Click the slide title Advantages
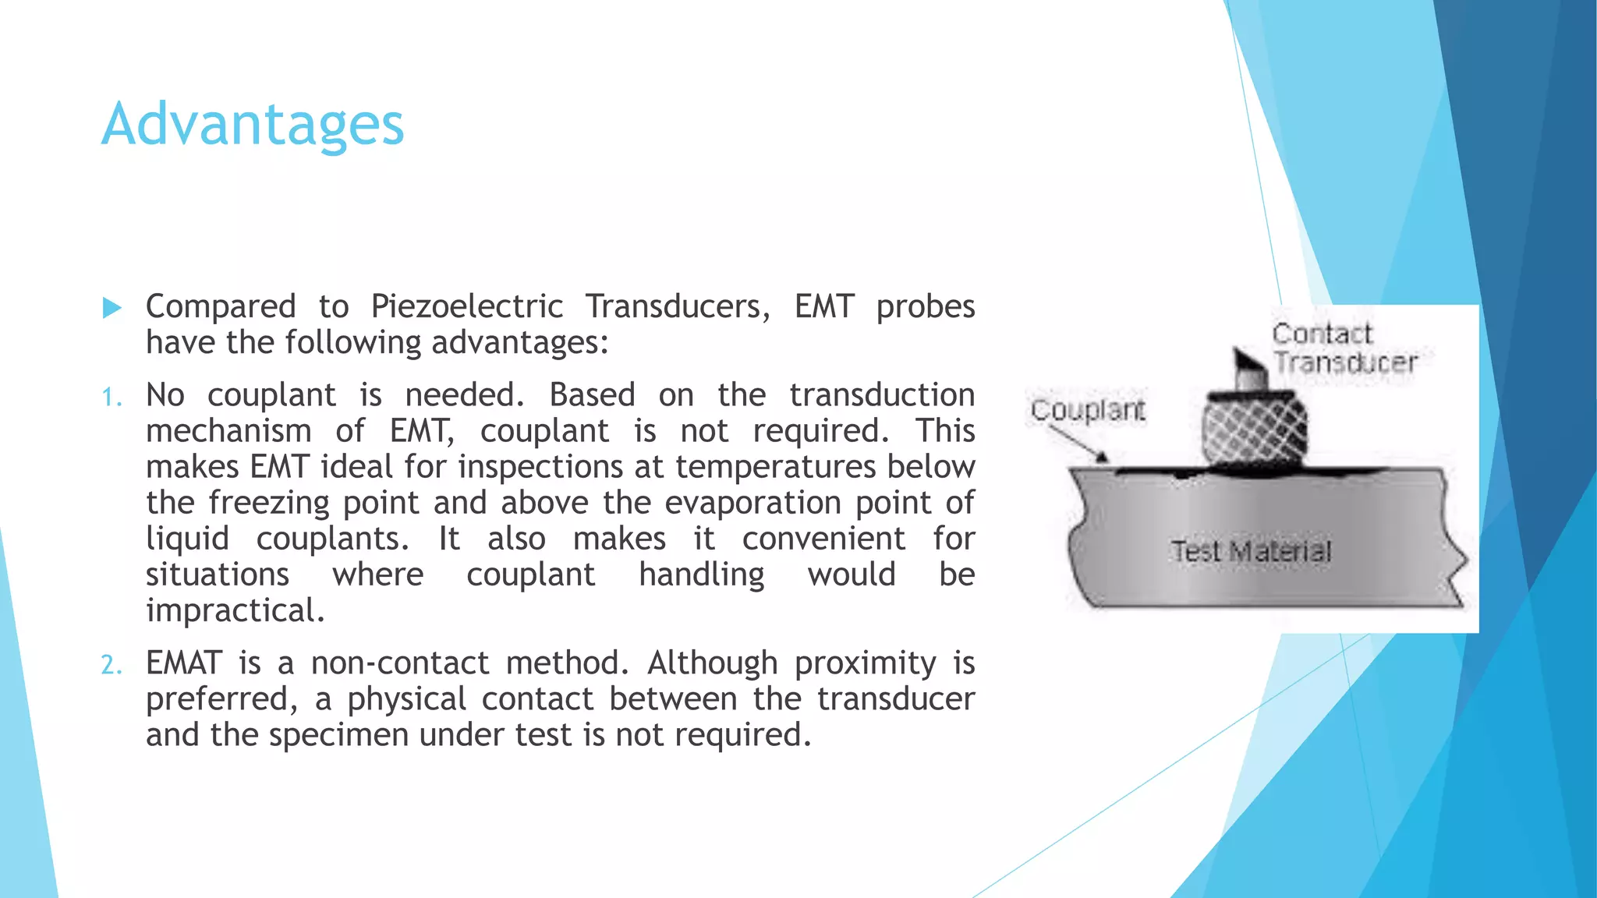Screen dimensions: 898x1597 253,125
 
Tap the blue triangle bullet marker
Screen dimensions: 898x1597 112,308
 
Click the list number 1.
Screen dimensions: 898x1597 112,398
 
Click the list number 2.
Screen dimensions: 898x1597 112,665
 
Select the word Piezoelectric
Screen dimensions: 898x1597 466,306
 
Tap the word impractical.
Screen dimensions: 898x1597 235,610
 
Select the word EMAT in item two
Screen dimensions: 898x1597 184,663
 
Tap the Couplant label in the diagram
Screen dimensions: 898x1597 1087,410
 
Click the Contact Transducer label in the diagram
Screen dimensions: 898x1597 1343,348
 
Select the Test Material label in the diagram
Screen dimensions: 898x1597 1251,552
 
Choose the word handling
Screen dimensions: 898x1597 701,575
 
